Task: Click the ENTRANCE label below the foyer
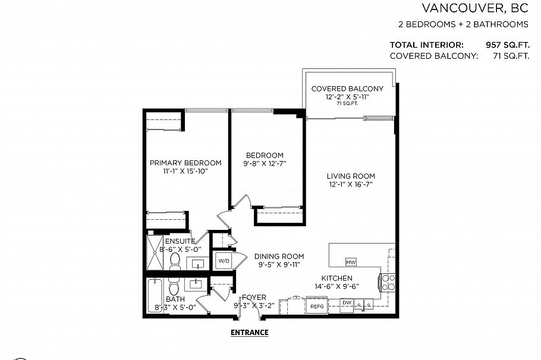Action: (x=249, y=333)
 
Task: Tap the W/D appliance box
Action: (x=224, y=260)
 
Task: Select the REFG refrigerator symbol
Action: (x=317, y=307)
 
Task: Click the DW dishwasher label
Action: (x=347, y=303)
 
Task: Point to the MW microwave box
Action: (x=351, y=262)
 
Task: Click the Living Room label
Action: (x=351, y=176)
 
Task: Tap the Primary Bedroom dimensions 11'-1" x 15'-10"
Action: (x=185, y=171)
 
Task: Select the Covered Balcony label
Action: (x=347, y=89)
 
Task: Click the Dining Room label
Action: (x=279, y=257)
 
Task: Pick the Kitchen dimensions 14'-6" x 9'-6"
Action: (x=337, y=286)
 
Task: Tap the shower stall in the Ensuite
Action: (x=155, y=254)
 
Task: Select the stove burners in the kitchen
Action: (x=388, y=282)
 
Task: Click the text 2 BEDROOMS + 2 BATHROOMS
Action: (x=463, y=25)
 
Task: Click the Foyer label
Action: (x=254, y=298)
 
